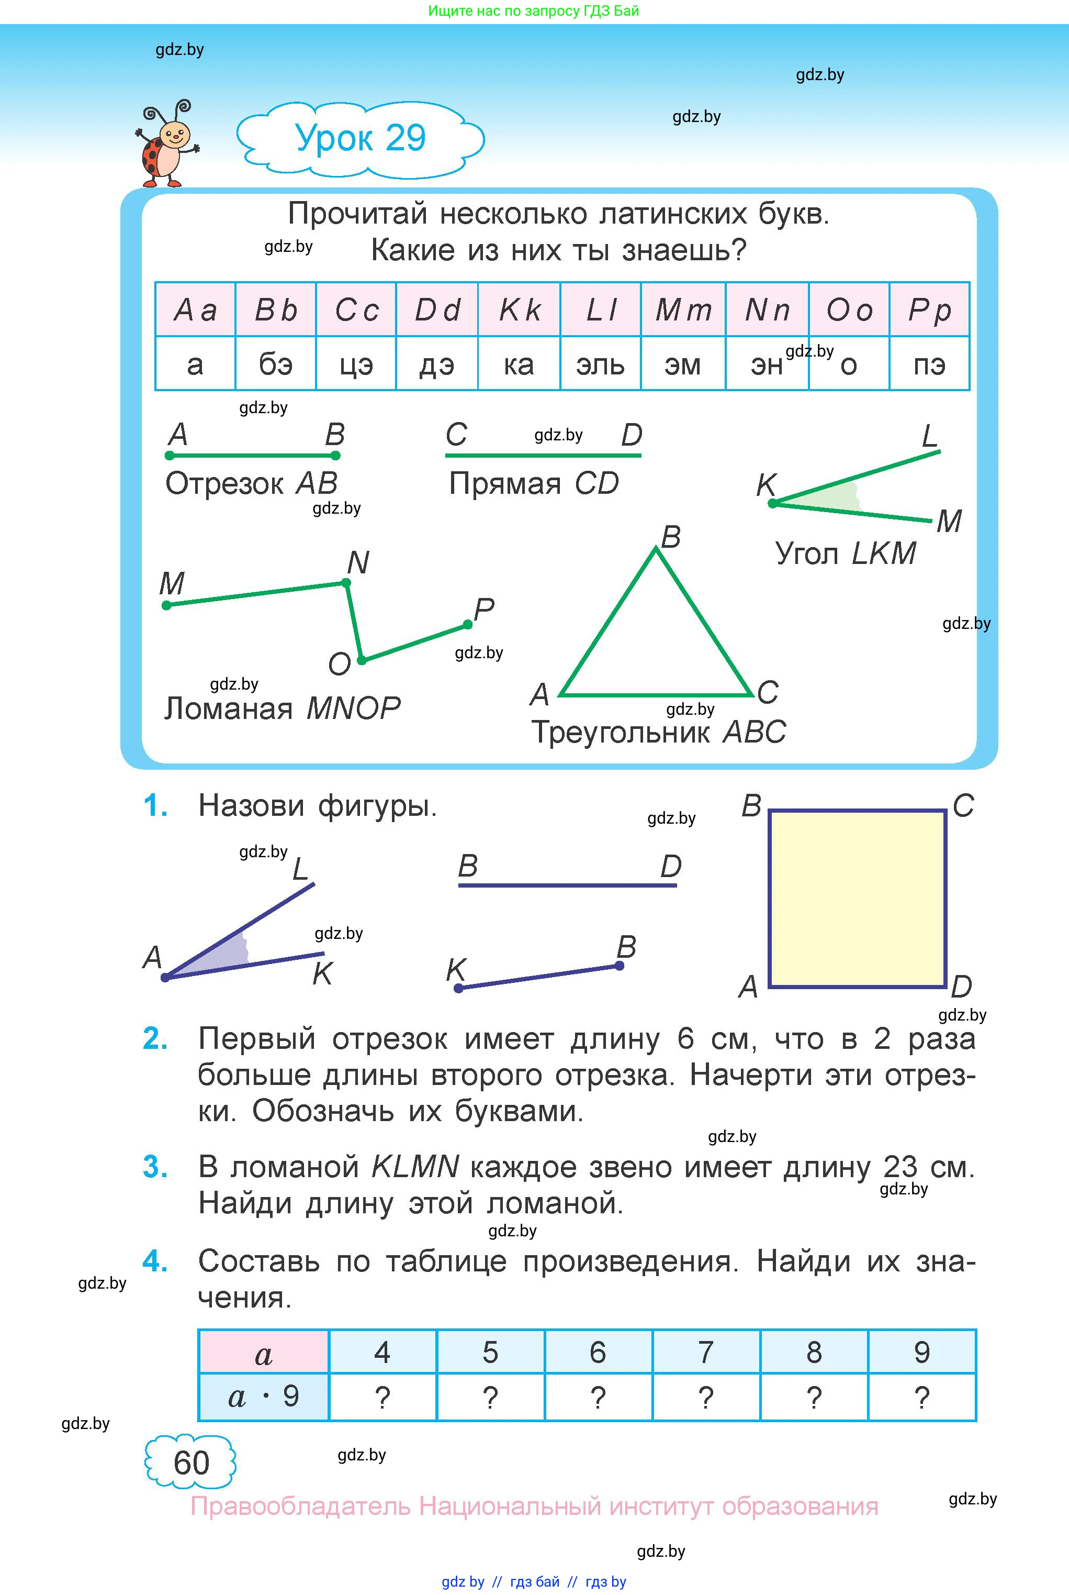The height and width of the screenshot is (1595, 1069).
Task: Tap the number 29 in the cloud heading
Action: pyautogui.click(x=405, y=138)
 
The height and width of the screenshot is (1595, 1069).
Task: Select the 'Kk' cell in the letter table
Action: pyautogui.click(x=520, y=309)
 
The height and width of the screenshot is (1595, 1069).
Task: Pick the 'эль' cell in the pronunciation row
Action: pyautogui.click(x=600, y=364)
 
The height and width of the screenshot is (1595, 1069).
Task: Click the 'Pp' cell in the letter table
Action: pyautogui.click(x=929, y=309)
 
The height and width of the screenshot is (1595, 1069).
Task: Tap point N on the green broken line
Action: pyautogui.click(x=346, y=583)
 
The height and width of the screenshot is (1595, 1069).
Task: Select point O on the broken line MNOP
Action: pyautogui.click(x=362, y=660)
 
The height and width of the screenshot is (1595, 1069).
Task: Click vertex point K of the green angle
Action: pyautogui.click(x=772, y=503)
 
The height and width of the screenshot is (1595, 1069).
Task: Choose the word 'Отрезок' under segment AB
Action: pyautogui.click(x=224, y=484)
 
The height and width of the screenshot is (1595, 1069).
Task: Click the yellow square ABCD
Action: pyautogui.click(x=857, y=899)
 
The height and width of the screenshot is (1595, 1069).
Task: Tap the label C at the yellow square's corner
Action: pyautogui.click(x=963, y=806)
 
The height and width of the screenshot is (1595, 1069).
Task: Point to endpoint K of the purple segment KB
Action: pyautogui.click(x=459, y=988)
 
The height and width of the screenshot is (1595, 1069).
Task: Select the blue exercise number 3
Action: pyautogui.click(x=155, y=1167)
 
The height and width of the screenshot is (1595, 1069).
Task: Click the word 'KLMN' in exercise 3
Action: pyautogui.click(x=415, y=1167)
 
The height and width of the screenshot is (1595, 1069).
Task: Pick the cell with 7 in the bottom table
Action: pyautogui.click(x=706, y=1352)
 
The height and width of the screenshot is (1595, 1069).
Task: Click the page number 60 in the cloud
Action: pyautogui.click(x=191, y=1463)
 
